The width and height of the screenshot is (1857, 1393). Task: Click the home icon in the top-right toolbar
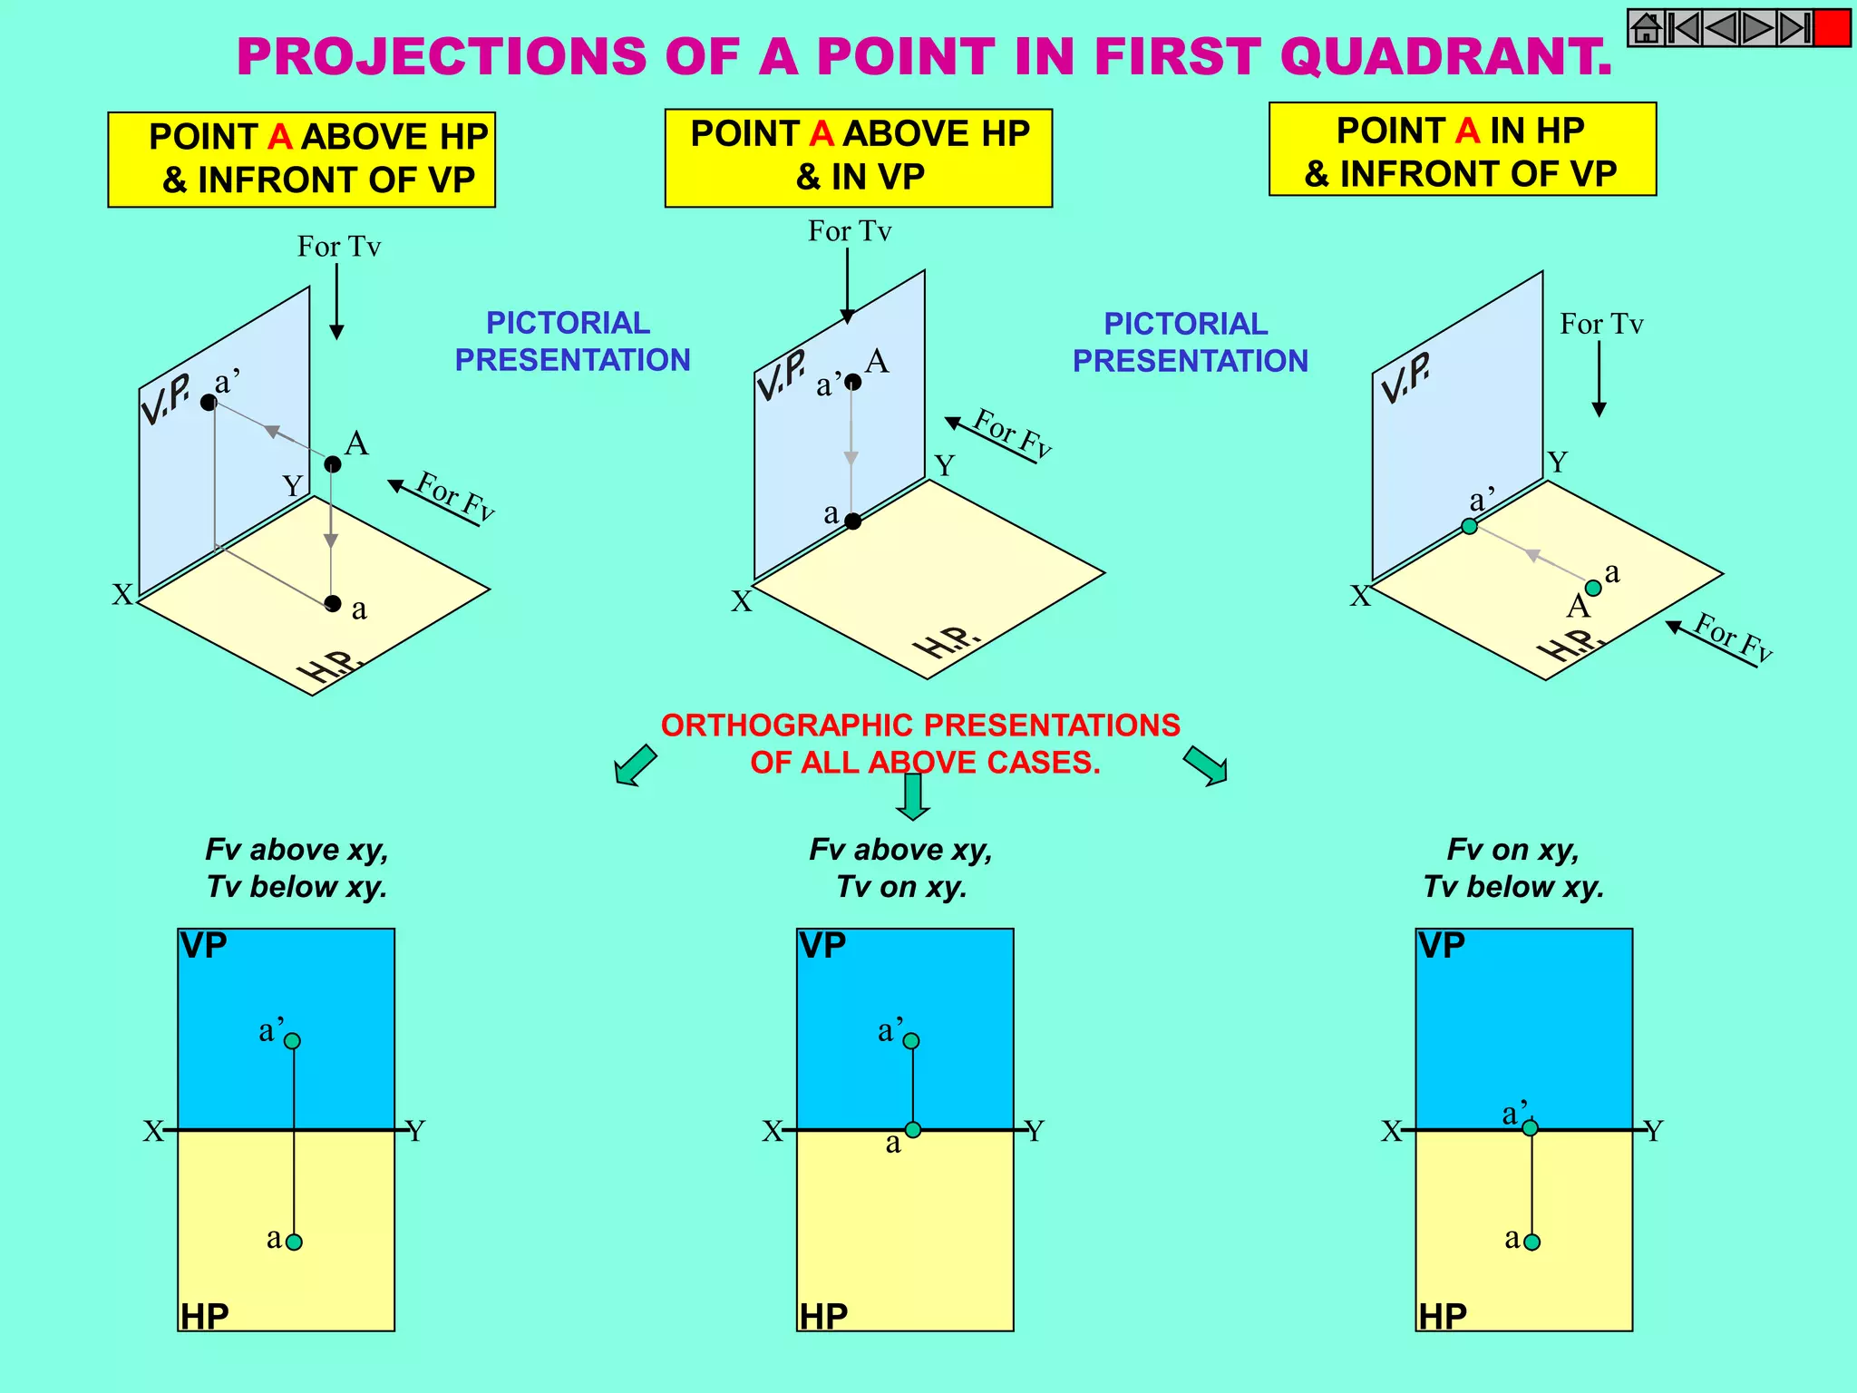pyautogui.click(x=1646, y=28)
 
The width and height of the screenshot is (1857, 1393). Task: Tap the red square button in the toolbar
pyautogui.click(x=1831, y=28)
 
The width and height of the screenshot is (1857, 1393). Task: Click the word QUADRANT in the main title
pyautogui.click(x=1445, y=56)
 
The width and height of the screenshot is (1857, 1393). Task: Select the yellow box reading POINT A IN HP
pyautogui.click(x=1462, y=150)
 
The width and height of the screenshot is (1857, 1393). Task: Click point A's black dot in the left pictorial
pyautogui.click(x=333, y=464)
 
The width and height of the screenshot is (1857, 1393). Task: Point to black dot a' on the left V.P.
pyautogui.click(x=209, y=403)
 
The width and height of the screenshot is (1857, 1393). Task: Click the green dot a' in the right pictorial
pyautogui.click(x=1469, y=526)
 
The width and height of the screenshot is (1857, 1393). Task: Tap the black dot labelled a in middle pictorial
pyautogui.click(x=852, y=521)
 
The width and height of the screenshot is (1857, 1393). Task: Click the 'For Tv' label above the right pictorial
pyautogui.click(x=1601, y=324)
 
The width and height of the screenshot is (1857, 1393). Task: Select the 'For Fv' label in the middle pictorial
pyautogui.click(x=1011, y=433)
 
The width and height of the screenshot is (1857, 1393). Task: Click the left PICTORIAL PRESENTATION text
pyautogui.click(x=571, y=341)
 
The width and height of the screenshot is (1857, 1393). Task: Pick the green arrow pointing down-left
pyautogui.click(x=635, y=765)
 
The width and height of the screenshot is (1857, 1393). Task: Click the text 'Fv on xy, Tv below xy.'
pyautogui.click(x=1512, y=868)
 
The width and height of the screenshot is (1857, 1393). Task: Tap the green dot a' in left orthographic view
pyautogui.click(x=292, y=1041)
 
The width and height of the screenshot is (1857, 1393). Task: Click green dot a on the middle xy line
pyautogui.click(x=913, y=1130)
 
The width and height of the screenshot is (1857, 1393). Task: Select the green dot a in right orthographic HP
pyautogui.click(x=1531, y=1242)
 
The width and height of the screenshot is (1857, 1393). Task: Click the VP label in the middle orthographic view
pyautogui.click(x=822, y=946)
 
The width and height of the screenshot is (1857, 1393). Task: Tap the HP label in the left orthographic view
pyautogui.click(x=204, y=1316)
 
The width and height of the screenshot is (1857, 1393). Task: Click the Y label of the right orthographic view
pyautogui.click(x=1654, y=1131)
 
